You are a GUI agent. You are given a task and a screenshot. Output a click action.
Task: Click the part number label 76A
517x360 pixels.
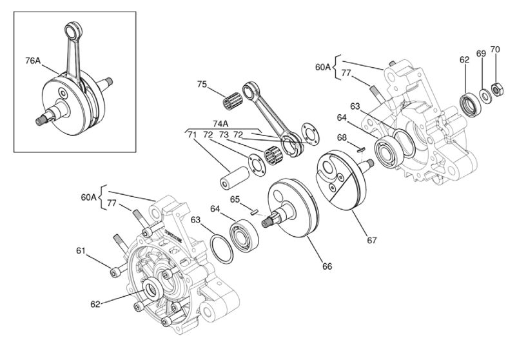pyautogui.click(x=33, y=61)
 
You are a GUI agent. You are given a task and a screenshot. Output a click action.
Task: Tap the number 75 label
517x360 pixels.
pyautogui.click(x=202, y=85)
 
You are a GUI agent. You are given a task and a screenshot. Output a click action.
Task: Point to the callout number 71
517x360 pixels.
pyautogui.click(x=191, y=135)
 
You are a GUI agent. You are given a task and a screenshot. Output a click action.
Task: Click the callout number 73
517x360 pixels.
pyautogui.click(x=223, y=135)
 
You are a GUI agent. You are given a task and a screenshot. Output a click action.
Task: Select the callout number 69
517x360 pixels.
pyautogui.click(x=480, y=52)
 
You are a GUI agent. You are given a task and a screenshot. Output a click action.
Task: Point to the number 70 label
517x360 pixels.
pyautogui.click(x=495, y=50)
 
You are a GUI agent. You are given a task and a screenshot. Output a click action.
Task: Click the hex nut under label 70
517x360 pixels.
pyautogui.click(x=498, y=90)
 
